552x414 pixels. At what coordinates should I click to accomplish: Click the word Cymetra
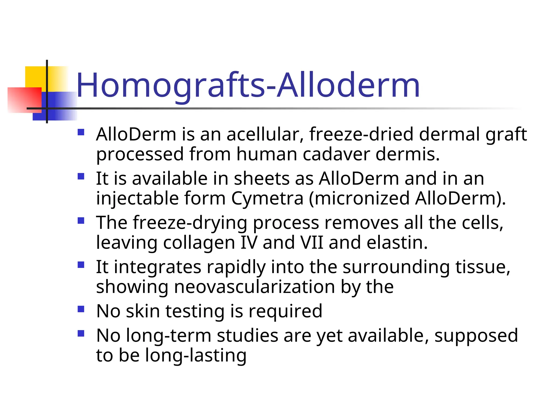point(267,199)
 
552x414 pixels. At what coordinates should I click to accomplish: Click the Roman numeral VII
point(312,243)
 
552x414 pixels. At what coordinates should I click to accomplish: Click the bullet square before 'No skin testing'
point(81,309)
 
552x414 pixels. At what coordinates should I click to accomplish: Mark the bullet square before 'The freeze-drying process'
point(81,221)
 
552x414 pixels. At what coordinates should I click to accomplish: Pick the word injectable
point(137,199)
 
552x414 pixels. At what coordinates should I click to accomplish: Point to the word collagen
point(199,243)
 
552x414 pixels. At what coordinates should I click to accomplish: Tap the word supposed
point(476,336)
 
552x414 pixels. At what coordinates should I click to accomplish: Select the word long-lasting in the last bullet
point(196,355)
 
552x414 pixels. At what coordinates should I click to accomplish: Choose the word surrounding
point(396,267)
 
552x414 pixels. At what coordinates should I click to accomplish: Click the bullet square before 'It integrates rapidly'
point(81,265)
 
